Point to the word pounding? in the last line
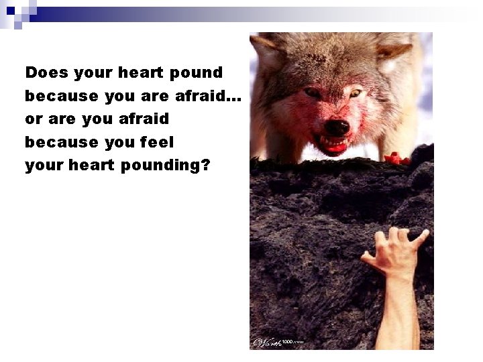(x=166, y=165)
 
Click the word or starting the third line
(x=32, y=119)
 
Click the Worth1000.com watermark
(x=278, y=342)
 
